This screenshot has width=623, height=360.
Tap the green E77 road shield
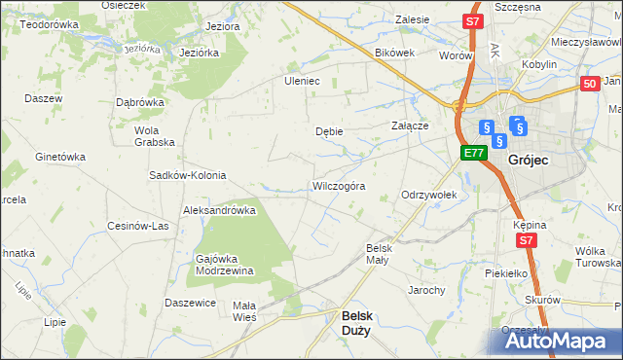(473, 153)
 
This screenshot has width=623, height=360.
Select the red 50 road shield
(589, 85)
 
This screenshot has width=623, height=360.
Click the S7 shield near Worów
(472, 20)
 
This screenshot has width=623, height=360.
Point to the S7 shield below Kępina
(527, 240)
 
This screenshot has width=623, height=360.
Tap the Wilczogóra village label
(338, 185)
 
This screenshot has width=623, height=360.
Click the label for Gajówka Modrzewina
(225, 265)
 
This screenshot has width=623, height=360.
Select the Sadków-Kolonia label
(187, 175)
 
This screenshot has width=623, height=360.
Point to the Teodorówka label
(49, 22)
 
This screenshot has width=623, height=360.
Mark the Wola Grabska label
(155, 135)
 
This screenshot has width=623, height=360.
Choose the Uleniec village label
(302, 81)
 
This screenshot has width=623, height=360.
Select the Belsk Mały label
(378, 253)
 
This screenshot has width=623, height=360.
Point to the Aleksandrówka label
(219, 209)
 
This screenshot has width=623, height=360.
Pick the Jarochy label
(427, 290)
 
